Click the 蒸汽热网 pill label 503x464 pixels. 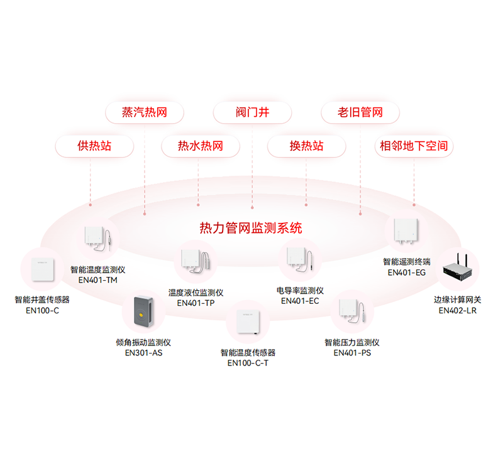[144, 113]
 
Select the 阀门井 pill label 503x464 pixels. [252, 113]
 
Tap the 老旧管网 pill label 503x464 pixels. [360, 113]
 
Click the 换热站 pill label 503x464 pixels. [306, 146]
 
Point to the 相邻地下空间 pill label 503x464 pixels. [414, 146]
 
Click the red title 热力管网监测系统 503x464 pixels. [250, 227]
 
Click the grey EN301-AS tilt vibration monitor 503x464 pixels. [143, 311]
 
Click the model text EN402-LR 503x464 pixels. [458, 310]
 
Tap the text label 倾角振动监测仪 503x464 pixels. [143, 342]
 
